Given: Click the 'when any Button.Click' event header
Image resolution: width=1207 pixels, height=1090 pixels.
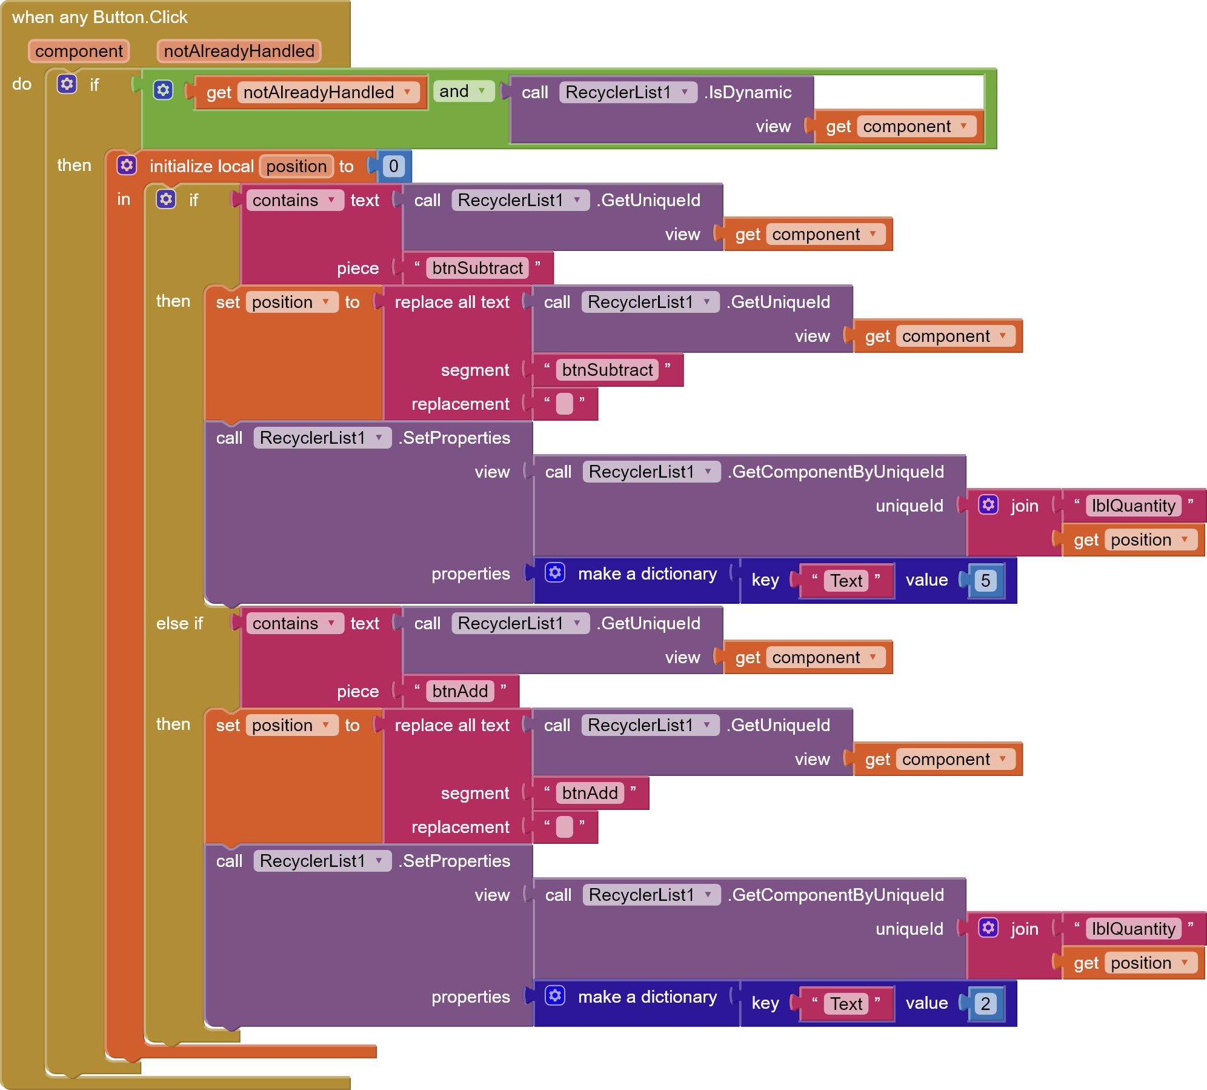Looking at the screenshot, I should coord(100,17).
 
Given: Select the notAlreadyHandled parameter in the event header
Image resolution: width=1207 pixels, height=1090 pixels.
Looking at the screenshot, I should coord(239,51).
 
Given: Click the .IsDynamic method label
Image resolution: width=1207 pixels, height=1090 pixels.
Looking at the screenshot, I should coord(748,92).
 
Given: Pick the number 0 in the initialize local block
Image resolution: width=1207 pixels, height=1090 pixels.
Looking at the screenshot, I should coord(393,166).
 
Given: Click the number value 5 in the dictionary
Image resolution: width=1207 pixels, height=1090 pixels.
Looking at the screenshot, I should coord(985,581).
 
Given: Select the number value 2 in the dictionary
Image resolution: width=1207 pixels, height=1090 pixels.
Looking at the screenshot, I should coord(985,1004).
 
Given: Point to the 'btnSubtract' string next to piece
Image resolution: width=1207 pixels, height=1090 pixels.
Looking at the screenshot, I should coord(477,268).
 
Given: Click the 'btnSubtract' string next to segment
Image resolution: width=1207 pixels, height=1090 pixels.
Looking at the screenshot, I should coord(607,370).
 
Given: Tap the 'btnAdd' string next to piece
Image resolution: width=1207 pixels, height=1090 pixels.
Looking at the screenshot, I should coord(460,691).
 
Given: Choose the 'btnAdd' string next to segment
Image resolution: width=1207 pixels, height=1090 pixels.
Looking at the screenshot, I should coord(590,793).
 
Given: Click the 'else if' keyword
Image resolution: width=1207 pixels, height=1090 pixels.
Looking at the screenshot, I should coord(179,623).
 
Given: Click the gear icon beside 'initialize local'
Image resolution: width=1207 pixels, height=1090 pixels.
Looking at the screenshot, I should coord(127,166).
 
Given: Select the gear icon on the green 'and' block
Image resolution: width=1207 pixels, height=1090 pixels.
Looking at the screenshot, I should coord(163,90).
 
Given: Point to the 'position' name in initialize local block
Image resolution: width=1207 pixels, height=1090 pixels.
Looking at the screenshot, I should coord(296,166).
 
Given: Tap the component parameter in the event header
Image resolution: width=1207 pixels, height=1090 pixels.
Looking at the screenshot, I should coord(79,51).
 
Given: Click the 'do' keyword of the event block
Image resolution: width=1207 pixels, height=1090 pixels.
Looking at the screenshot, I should coord(22,84).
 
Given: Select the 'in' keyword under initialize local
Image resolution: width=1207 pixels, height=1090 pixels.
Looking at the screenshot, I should coord(124,199).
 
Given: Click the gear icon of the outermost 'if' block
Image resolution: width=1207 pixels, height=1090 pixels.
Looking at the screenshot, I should coord(67,84).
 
